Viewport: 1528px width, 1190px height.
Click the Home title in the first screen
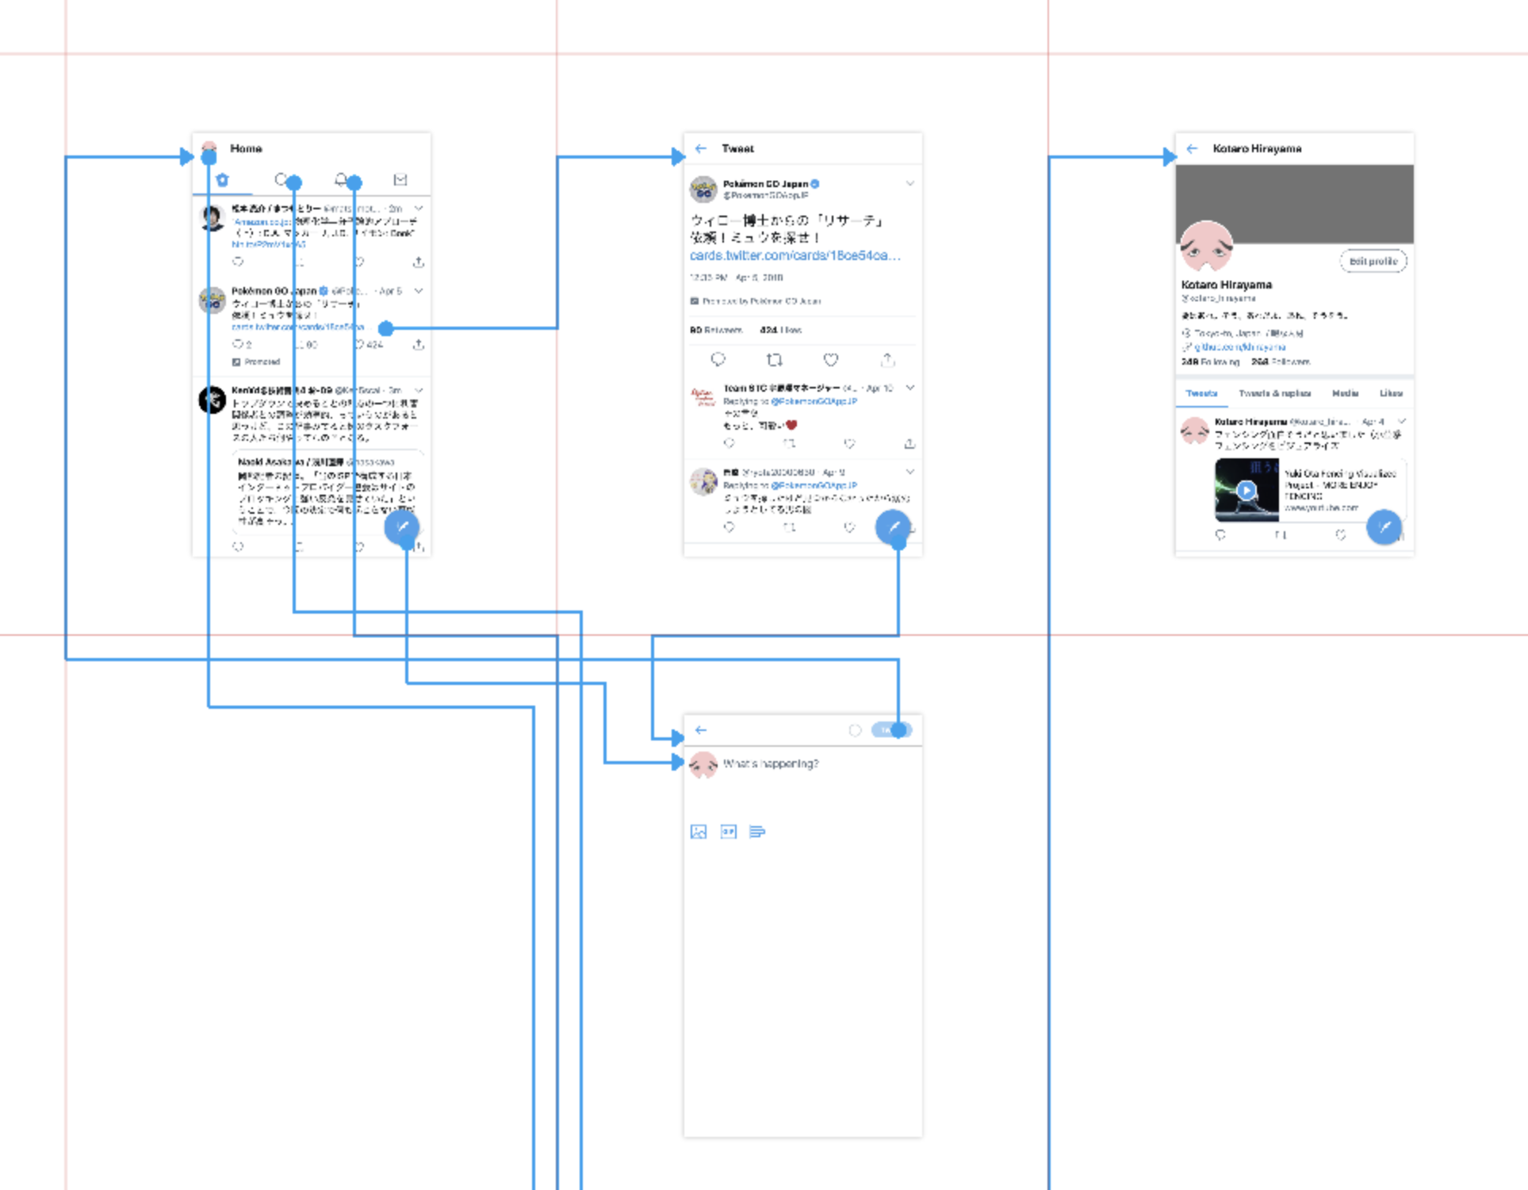coord(246,148)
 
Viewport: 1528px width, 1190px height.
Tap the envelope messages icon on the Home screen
coord(400,180)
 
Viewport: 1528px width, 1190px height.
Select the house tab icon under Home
coord(223,180)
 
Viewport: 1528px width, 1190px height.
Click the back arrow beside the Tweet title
coord(701,148)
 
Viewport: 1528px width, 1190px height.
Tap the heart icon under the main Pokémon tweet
coord(830,360)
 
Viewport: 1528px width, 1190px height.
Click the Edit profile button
coord(1373,261)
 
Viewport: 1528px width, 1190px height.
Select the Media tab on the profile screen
coord(1345,393)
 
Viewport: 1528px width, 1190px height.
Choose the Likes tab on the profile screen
coord(1391,393)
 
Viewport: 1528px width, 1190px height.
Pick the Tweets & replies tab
coord(1274,393)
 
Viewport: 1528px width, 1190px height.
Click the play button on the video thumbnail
coord(1247,490)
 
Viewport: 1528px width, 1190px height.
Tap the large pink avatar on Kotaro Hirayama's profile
coord(1206,247)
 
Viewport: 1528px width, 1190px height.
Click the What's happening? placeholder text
coord(771,763)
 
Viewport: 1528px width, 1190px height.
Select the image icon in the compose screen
coord(699,832)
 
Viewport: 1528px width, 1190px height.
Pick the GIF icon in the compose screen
coord(728,832)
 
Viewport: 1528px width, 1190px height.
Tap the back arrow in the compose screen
coord(701,730)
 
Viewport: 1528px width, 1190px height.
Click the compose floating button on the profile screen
coord(1384,527)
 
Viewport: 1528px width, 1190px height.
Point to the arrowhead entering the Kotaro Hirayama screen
coord(1169,157)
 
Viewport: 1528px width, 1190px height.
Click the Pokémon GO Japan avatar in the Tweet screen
coord(703,189)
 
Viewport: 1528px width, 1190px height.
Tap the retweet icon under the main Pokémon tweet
coord(775,360)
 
